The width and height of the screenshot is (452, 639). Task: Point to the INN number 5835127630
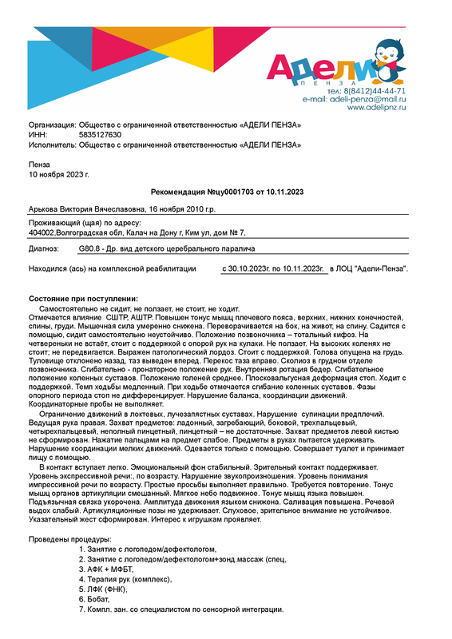tap(100, 135)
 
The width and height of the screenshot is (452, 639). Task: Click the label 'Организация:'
tap(53, 126)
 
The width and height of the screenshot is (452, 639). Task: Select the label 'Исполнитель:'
tap(53, 145)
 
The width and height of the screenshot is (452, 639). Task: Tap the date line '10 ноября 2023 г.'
tap(58, 173)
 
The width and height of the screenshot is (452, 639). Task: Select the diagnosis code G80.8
tap(89, 250)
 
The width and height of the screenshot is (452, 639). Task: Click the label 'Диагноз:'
tap(46, 250)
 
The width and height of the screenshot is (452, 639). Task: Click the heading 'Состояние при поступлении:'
tap(77, 298)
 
